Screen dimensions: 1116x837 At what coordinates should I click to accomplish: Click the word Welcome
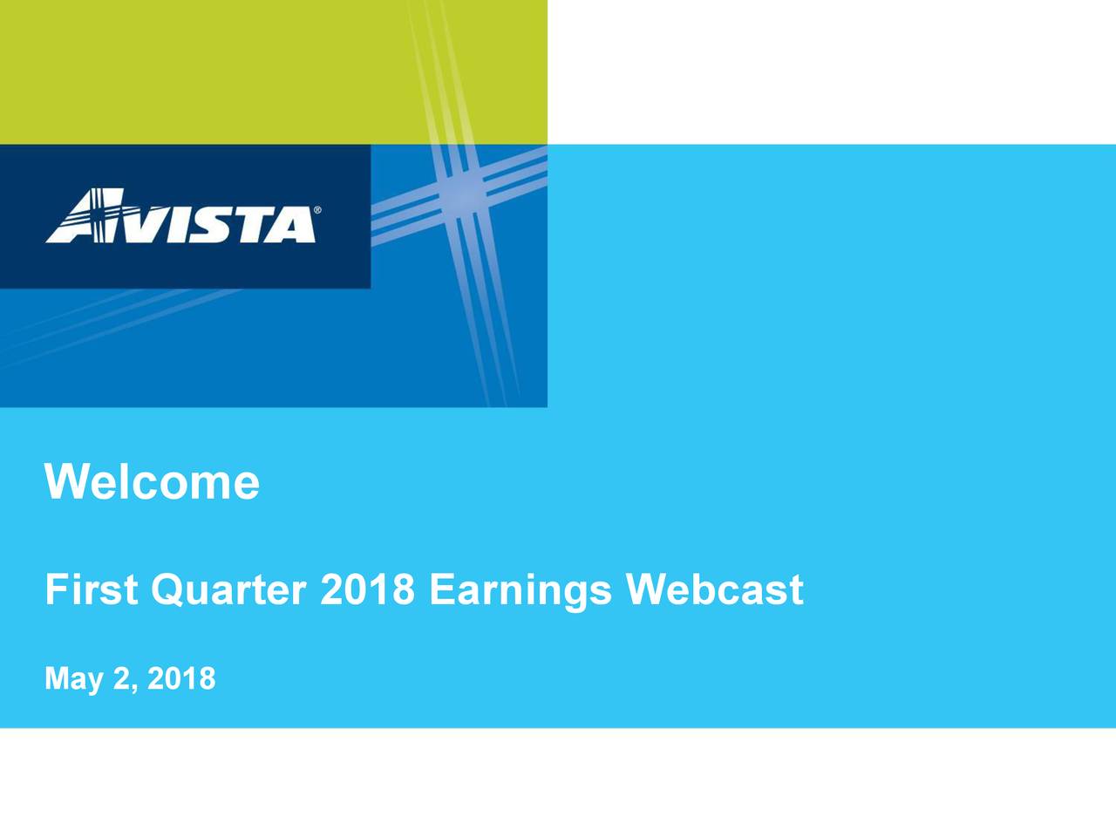pos(152,481)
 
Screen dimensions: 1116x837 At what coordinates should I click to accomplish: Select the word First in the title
pos(92,589)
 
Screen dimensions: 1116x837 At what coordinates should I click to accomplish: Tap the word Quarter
pos(228,590)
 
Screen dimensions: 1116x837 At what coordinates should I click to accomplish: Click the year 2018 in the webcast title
pos(368,589)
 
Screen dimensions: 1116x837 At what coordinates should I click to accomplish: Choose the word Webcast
pos(715,589)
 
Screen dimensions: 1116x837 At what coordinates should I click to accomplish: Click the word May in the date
pos(74,680)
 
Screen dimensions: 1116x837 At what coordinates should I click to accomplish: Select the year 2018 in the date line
pos(181,678)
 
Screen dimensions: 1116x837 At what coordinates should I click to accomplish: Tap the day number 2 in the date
pos(121,678)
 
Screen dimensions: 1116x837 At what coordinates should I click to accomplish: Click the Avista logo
pos(183,215)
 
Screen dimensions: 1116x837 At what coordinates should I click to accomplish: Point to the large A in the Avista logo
pos(85,215)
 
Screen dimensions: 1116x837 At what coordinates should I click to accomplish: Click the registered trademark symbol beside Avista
pos(317,209)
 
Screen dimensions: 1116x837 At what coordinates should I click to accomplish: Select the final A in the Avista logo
pos(294,224)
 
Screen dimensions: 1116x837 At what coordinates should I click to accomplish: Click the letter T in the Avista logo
pos(256,224)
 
